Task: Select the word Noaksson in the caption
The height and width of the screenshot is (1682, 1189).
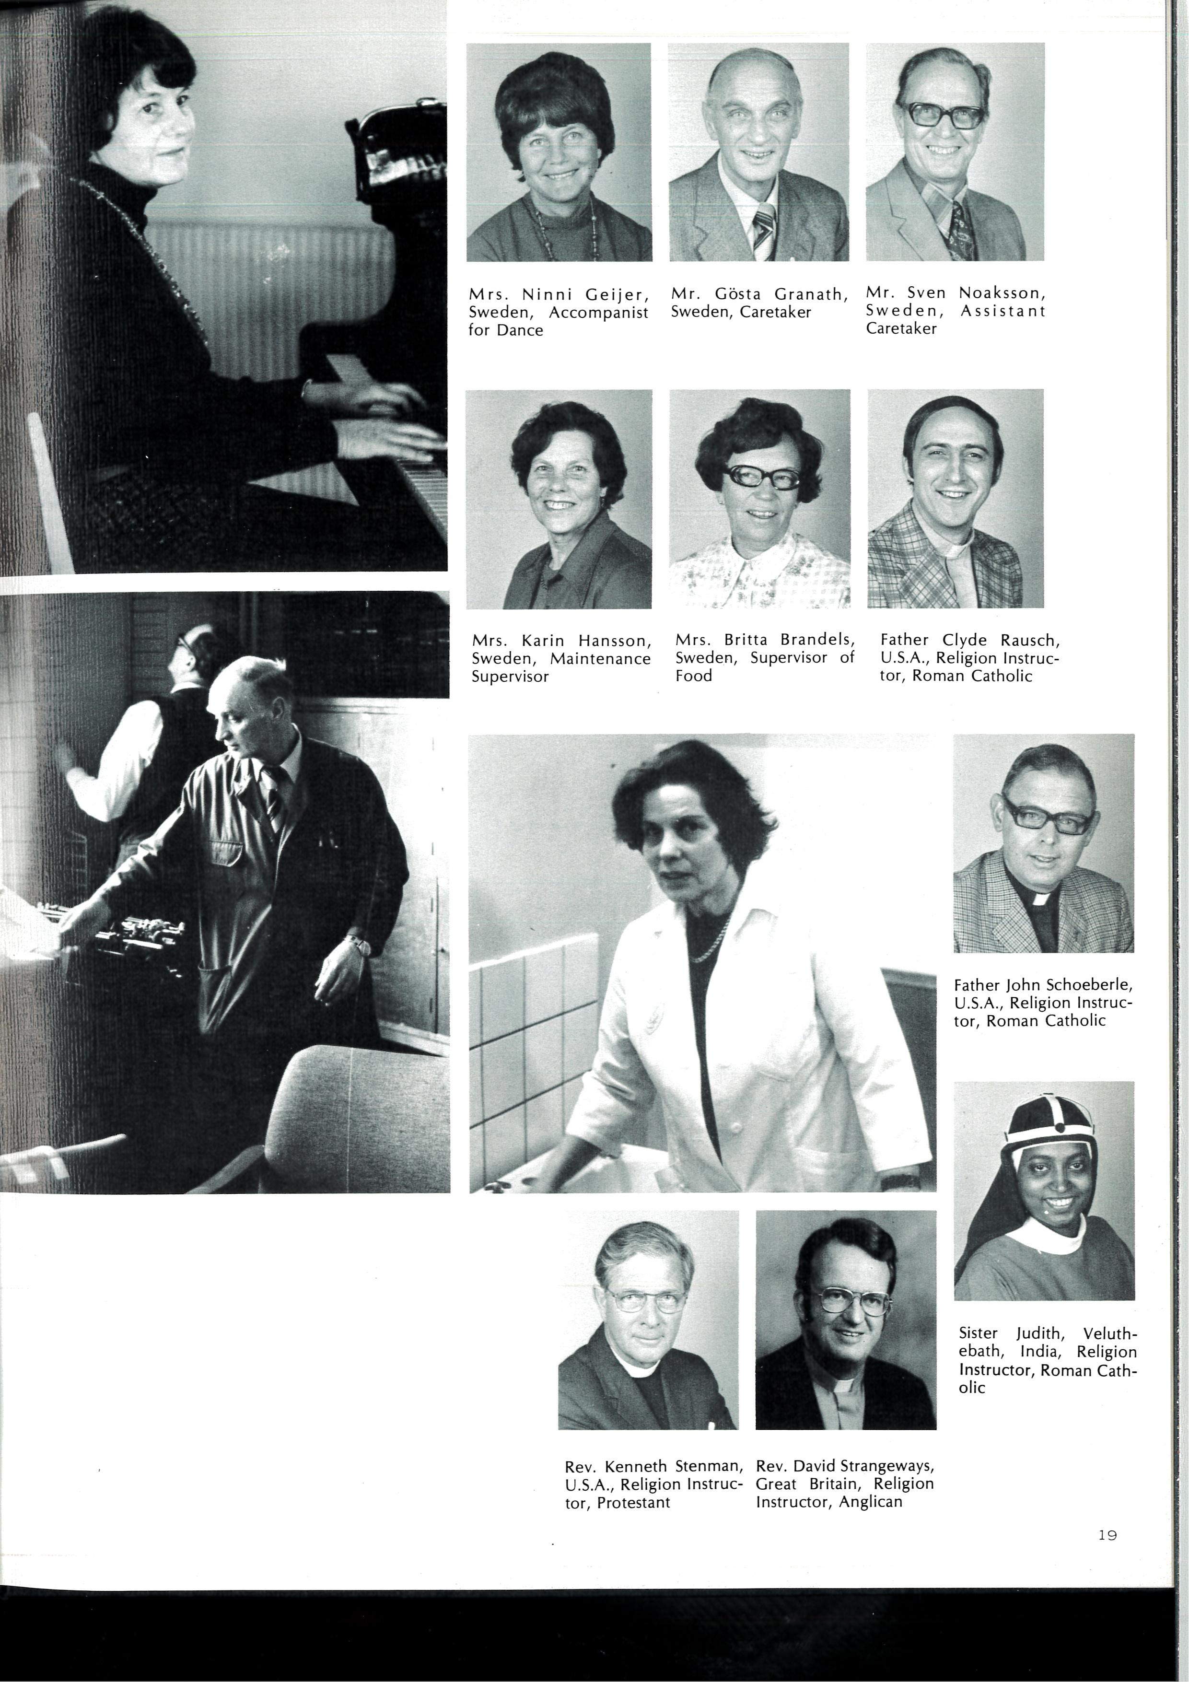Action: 1002,293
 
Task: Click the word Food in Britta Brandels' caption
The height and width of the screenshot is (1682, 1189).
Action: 693,676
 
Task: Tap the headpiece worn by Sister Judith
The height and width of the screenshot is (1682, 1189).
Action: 1049,1132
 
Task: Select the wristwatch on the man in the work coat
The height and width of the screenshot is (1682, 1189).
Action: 358,944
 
